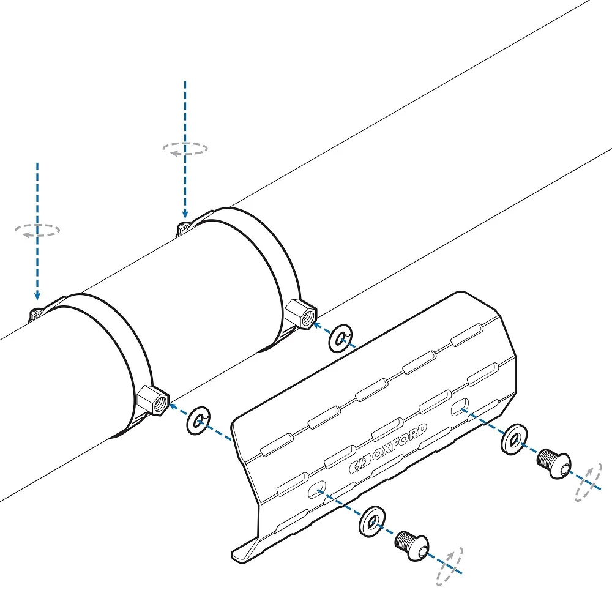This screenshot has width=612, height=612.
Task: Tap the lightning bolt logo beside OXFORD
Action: pos(360,464)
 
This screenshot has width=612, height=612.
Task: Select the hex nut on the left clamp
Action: pos(153,400)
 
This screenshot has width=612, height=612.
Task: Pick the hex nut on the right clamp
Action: pos(300,314)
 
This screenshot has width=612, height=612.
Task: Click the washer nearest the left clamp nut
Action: pos(199,421)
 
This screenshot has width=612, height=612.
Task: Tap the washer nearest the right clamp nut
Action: pos(341,338)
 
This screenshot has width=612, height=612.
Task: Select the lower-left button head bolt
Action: pos(412,545)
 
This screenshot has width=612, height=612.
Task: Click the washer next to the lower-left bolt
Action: pos(372,521)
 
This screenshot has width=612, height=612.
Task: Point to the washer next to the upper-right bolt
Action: pos(514,439)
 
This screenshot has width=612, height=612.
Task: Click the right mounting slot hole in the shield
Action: pos(460,407)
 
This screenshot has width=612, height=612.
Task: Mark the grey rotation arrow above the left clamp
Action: pos(37,230)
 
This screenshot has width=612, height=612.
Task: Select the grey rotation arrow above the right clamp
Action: pos(185,149)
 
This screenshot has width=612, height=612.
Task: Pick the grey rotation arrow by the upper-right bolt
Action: pos(589,482)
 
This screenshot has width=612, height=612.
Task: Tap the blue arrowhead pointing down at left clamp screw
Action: pos(37,295)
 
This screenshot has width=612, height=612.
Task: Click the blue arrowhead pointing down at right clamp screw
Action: pos(185,214)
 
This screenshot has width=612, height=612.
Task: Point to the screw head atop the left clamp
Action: pos(35,313)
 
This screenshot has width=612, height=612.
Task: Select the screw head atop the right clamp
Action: pos(183,228)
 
